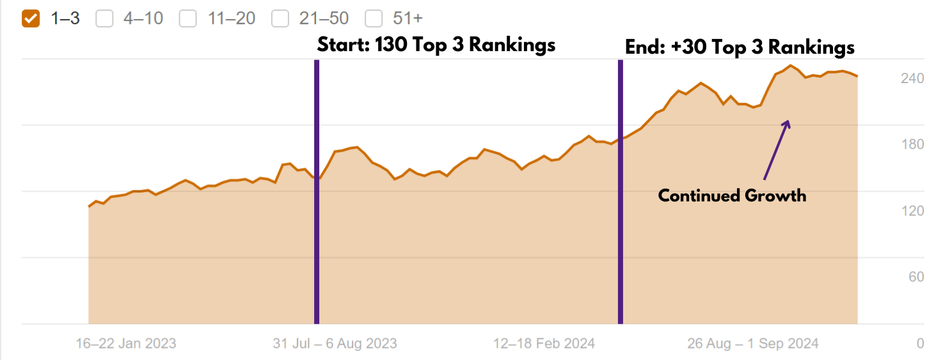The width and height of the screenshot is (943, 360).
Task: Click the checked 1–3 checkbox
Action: pyautogui.click(x=31, y=19)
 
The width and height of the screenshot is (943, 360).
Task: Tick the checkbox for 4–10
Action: pyautogui.click(x=104, y=19)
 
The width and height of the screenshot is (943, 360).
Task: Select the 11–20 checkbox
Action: pyautogui.click(x=188, y=19)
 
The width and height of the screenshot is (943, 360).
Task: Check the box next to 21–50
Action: pyautogui.click(x=280, y=19)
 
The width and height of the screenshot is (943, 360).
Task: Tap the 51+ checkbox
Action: pyautogui.click(x=374, y=19)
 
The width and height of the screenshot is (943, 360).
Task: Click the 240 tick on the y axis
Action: pyautogui.click(x=912, y=78)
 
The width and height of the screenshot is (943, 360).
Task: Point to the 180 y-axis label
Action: pyautogui.click(x=912, y=145)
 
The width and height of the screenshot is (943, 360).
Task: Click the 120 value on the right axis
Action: pyautogui.click(x=912, y=211)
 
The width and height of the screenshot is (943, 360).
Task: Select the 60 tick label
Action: pyautogui.click(x=916, y=277)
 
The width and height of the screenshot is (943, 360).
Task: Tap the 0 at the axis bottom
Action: pyautogui.click(x=920, y=343)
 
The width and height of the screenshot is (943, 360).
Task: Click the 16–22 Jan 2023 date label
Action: pyautogui.click(x=126, y=343)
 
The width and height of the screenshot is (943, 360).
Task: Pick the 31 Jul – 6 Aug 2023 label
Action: pyautogui.click(x=335, y=343)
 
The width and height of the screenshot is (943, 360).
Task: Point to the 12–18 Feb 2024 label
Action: pyautogui.click(x=544, y=343)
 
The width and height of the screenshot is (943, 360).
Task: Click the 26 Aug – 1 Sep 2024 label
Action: pyautogui.click(x=753, y=343)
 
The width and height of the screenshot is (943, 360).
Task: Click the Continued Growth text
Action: pyautogui.click(x=732, y=195)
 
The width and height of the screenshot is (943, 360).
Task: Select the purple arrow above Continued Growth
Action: pyautogui.click(x=776, y=151)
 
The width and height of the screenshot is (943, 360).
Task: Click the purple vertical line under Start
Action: pyautogui.click(x=317, y=192)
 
